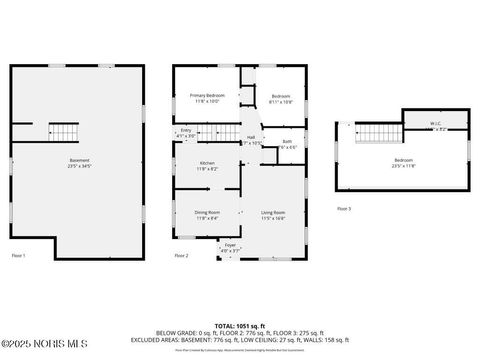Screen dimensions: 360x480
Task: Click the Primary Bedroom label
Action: [207, 98]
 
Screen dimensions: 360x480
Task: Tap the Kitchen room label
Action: [207, 166]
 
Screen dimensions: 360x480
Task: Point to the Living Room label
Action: [273, 214]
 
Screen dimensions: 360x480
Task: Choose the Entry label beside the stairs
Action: [186, 132]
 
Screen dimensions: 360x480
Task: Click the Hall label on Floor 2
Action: [251, 140]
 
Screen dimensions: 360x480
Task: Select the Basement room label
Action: [79, 163]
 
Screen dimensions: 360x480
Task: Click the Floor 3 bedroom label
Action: [402, 163]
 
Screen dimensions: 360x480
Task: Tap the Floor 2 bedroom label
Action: [280, 98]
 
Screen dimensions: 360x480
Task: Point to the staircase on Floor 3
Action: [377, 133]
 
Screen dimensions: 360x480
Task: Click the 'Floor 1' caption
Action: [18, 256]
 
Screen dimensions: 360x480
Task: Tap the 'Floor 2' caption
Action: [181, 256]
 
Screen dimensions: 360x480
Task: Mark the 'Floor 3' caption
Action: [343, 209]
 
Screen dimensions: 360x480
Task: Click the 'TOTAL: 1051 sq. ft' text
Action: [240, 326]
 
